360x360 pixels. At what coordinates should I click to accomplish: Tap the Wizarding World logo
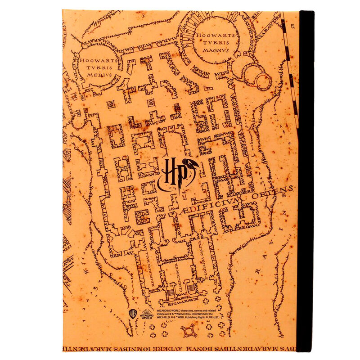coord(147,314)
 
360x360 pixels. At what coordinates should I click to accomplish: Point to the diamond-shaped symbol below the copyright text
coord(188,332)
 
